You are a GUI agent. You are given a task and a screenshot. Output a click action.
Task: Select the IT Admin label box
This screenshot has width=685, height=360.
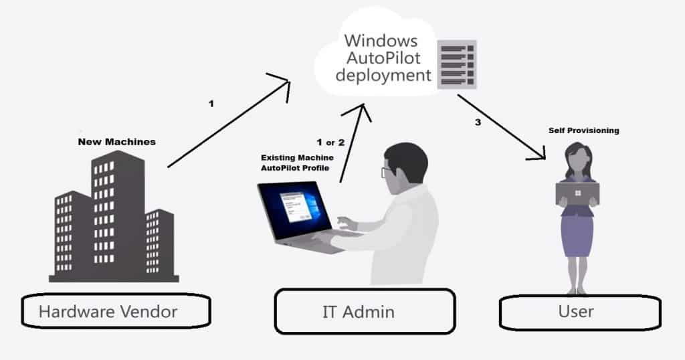(x=365, y=311)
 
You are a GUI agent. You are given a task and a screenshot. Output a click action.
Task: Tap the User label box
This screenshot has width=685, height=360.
(x=579, y=311)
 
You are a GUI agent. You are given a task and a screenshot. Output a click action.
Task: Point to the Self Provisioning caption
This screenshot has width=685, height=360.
(x=583, y=130)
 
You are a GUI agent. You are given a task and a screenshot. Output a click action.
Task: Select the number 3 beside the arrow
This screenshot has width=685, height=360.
(x=478, y=122)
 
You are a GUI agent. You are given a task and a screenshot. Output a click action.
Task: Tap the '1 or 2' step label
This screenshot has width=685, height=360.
(x=330, y=143)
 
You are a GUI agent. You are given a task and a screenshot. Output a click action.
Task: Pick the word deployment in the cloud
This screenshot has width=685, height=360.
(x=383, y=75)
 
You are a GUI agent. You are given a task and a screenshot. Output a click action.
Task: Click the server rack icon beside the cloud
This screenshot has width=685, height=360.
(x=456, y=64)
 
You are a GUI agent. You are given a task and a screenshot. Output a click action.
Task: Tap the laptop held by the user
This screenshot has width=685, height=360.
(x=577, y=193)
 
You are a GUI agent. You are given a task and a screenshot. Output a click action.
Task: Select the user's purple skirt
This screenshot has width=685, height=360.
(x=577, y=235)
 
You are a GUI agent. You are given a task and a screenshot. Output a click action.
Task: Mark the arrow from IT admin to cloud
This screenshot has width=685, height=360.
(x=353, y=141)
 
